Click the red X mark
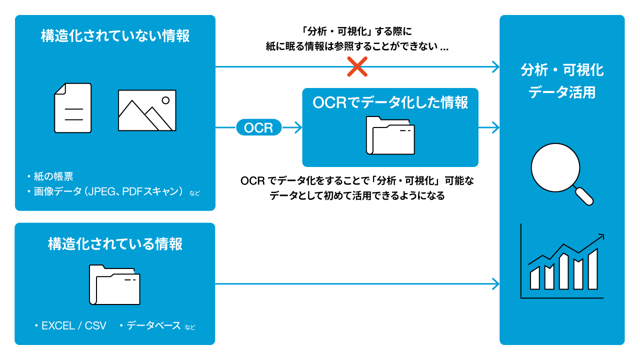point(357,66)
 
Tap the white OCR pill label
point(258,128)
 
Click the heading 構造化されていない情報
point(115,36)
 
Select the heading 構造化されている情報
point(115,244)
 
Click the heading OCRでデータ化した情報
point(390,102)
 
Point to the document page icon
point(73,108)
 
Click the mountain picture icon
point(147,110)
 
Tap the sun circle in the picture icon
point(165,100)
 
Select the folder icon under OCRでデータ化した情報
point(390,135)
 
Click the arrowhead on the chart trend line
point(601,236)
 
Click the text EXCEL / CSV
point(74,326)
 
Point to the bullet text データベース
point(153,326)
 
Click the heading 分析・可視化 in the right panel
point(562,70)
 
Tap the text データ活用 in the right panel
point(562,92)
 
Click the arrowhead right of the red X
point(496,66)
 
